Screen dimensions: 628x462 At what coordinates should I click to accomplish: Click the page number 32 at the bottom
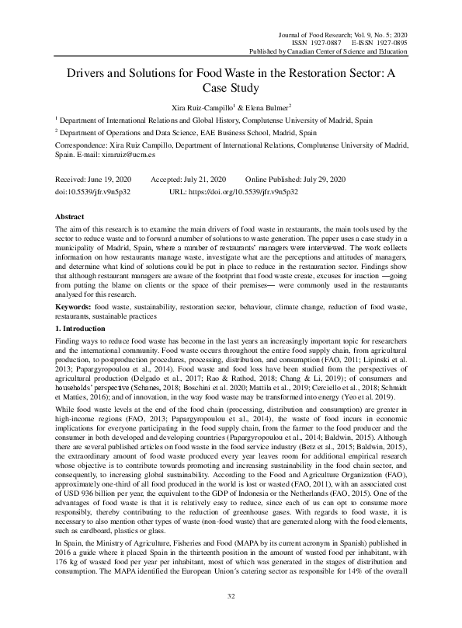point(231,595)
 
